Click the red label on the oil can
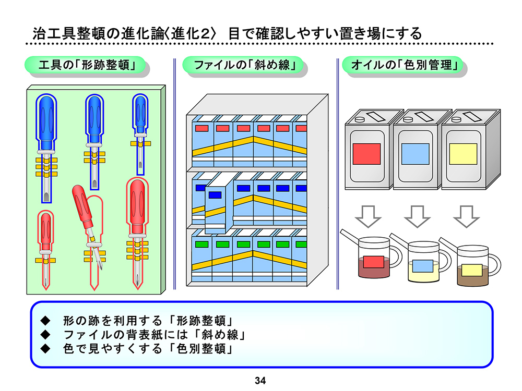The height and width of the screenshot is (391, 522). click(x=369, y=154)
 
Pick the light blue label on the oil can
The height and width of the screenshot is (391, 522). click(x=415, y=154)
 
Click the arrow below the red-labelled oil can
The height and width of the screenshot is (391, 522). click(x=369, y=216)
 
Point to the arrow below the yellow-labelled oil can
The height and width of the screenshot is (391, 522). click(x=466, y=216)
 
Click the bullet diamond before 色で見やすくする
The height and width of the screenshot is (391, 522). click(x=44, y=348)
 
